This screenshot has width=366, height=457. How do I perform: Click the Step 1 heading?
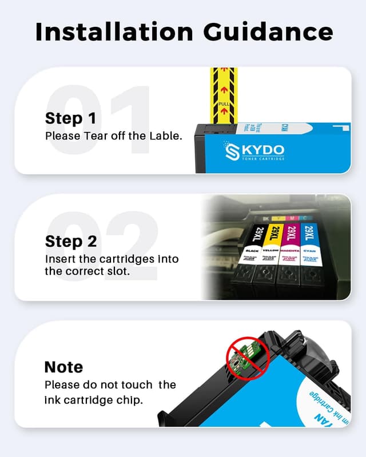point(71,118)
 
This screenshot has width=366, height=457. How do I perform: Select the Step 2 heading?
point(71,242)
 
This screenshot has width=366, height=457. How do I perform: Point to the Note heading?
point(63,367)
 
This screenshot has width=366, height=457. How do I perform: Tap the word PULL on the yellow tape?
point(224,105)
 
